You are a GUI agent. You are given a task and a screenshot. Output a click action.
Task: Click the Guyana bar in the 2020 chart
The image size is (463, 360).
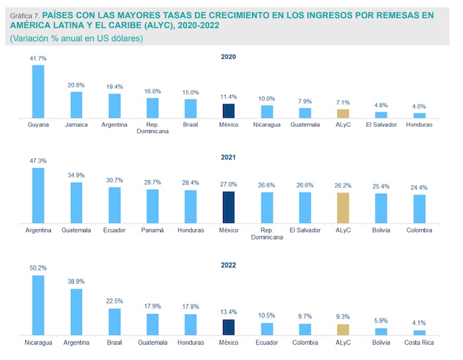click(x=38, y=91)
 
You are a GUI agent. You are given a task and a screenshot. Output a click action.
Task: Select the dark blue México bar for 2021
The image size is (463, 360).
click(x=228, y=208)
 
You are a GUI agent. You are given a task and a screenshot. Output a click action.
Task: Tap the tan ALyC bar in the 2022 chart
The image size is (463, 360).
click(x=343, y=330)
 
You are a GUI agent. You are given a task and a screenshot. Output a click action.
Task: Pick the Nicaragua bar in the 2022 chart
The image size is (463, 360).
click(x=38, y=305)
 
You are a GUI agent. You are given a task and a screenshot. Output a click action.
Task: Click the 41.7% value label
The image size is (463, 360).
click(x=38, y=59)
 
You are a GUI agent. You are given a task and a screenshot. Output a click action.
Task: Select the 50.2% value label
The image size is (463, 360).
click(x=38, y=269)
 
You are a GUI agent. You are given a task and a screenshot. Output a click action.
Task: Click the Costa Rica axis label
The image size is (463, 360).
click(x=419, y=343)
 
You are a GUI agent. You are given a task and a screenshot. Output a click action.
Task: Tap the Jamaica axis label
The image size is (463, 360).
click(x=77, y=124)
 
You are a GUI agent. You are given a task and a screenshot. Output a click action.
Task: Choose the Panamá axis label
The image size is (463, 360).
click(x=152, y=230)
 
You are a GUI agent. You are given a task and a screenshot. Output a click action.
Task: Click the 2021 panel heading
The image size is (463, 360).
click(x=228, y=158)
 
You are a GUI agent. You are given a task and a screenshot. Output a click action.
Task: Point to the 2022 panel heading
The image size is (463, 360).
click(x=228, y=265)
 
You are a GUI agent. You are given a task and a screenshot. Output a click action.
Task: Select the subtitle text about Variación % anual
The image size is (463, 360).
click(x=77, y=38)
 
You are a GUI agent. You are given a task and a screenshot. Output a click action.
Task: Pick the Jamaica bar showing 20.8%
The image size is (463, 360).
click(x=77, y=105)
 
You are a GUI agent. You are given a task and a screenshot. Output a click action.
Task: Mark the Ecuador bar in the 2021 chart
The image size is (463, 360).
click(x=114, y=205)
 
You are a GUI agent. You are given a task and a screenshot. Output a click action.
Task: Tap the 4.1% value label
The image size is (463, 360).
click(x=419, y=324)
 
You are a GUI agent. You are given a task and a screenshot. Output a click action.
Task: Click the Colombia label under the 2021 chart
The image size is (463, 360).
click(x=419, y=230)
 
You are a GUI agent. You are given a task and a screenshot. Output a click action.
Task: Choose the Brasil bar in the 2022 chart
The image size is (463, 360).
click(x=114, y=322)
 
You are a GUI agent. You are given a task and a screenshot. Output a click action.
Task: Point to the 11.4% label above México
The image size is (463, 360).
click(x=228, y=97)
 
